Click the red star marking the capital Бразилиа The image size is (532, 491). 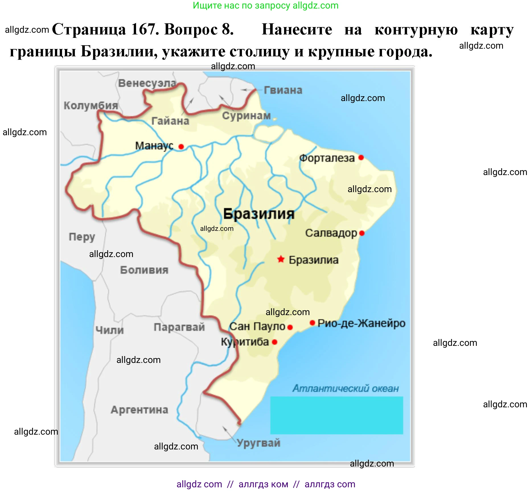point(281,259)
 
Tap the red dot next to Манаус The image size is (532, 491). point(181,146)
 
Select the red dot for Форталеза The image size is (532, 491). point(361,157)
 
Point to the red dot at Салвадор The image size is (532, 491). point(362,233)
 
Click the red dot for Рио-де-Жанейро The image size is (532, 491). point(312,323)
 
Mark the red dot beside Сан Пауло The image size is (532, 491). point(290,327)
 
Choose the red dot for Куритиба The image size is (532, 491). point(274,342)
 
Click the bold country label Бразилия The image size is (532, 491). point(258,213)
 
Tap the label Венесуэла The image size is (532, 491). point(147,83)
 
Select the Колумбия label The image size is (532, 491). point(91,105)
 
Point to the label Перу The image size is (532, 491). point(82,237)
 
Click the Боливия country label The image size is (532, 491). point(144,270)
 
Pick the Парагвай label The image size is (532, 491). point(179,327)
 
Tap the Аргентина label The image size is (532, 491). point(139,410)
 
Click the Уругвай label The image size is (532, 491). point(258,443)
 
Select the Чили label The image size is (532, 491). point(110,330)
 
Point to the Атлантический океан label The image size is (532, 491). point(346,388)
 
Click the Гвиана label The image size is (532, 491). point(283,90)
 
